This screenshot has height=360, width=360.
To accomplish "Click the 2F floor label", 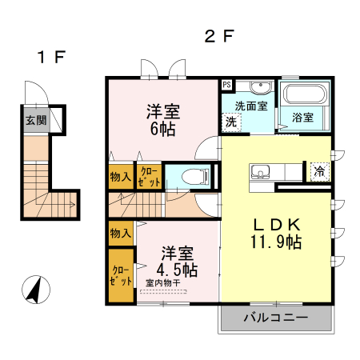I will (x=219, y=36).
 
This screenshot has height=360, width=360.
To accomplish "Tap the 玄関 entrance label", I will (x=35, y=121).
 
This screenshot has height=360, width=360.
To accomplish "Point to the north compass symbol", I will (x=35, y=289).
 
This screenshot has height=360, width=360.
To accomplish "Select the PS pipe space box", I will (x=227, y=84).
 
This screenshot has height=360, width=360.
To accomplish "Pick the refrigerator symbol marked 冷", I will (x=319, y=170).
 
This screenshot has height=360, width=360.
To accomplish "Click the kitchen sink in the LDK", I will (x=263, y=171).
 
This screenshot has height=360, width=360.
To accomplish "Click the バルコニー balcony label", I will (x=275, y=318).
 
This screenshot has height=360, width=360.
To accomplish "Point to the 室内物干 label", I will (x=166, y=282).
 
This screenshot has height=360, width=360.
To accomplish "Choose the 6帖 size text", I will (x=163, y=130).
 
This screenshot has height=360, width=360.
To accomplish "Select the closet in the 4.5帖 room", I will (x=122, y=276).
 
